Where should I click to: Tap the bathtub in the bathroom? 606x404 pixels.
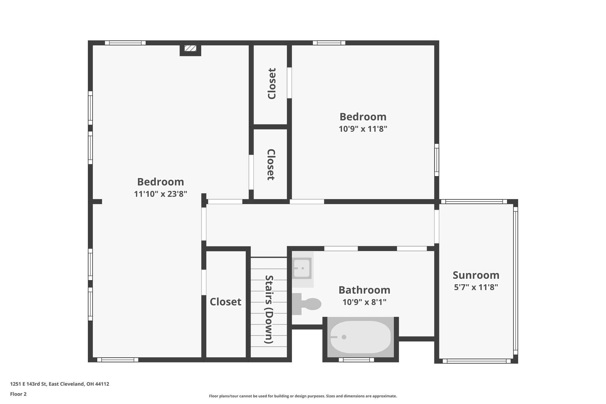click(360, 337)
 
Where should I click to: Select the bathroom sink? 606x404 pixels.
click(302, 268)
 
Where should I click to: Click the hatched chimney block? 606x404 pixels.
click(190, 49)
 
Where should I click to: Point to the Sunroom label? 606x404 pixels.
click(476, 275)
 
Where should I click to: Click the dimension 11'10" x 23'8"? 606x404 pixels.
click(160, 194)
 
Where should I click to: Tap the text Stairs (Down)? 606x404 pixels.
click(269, 309)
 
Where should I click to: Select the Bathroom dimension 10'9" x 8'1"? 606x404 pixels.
click(364, 302)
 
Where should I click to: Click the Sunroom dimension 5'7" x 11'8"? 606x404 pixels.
click(476, 287)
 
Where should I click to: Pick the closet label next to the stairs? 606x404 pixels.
click(225, 302)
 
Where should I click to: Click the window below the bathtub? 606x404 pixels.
click(356, 360)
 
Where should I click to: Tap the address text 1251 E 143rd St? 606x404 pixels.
click(59, 384)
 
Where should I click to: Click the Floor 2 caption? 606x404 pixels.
click(18, 394)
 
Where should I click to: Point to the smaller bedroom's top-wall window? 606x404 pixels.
click(329, 43)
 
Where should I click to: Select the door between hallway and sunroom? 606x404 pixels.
click(436, 226)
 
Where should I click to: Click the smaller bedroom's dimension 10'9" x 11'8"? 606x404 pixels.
click(363, 129)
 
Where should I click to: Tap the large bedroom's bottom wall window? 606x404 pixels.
click(118, 360)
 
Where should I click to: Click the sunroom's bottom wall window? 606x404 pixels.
click(476, 361)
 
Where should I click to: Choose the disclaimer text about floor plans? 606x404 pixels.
click(303, 396)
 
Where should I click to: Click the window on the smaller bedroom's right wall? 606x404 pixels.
click(436, 160)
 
